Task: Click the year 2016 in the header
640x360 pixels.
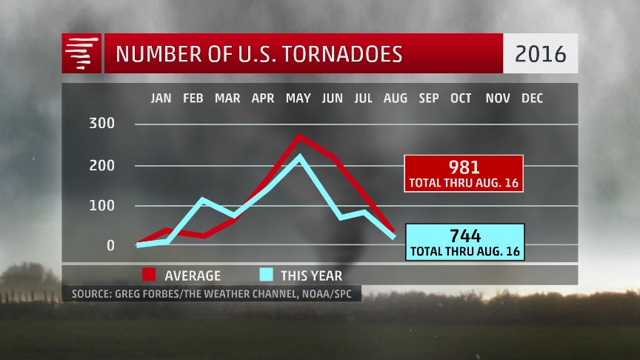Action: (540, 54)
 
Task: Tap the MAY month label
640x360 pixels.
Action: (298, 99)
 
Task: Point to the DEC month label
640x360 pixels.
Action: (531, 99)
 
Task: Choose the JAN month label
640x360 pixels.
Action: (161, 99)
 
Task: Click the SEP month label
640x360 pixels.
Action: (428, 99)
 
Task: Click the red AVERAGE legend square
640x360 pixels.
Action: (147, 275)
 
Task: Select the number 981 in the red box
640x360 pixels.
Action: (464, 167)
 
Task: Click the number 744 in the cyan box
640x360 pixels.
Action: (464, 236)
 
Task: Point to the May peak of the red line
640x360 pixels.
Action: (299, 136)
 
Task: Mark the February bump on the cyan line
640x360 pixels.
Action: (201, 199)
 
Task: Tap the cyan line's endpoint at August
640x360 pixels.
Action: (393, 237)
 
